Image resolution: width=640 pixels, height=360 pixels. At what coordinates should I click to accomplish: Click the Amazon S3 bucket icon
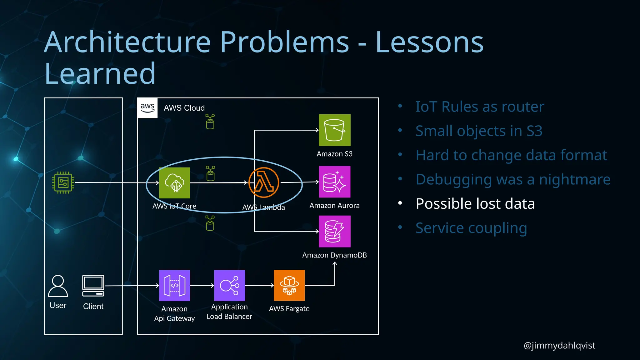click(334, 130)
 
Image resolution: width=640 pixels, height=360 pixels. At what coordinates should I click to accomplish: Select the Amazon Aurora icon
click(334, 182)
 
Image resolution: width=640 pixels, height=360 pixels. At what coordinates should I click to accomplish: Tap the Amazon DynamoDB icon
click(334, 232)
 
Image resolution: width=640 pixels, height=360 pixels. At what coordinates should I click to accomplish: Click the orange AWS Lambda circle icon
click(264, 182)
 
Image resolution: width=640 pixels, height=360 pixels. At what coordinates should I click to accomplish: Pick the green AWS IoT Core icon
click(174, 183)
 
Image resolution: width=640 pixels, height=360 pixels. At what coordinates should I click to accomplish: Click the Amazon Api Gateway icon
click(174, 285)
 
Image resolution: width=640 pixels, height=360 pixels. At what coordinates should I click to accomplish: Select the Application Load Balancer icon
click(229, 285)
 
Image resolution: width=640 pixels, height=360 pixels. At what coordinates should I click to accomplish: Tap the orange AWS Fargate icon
click(289, 285)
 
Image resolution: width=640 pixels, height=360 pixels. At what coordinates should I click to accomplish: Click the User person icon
click(58, 286)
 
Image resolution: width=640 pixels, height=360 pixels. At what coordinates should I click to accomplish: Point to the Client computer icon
click(93, 286)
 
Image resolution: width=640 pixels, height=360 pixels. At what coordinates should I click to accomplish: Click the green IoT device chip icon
click(63, 182)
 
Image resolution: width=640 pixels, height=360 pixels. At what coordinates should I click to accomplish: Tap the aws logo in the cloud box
click(147, 108)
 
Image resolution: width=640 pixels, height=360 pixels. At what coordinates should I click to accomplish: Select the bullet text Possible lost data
click(475, 204)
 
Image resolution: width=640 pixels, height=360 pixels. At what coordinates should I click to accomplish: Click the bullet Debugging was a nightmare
click(513, 179)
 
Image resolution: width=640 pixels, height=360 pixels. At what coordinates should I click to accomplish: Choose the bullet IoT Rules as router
click(480, 107)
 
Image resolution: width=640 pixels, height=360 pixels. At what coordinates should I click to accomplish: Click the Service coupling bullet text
click(471, 228)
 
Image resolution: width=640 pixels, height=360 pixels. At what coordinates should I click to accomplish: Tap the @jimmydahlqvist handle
click(559, 345)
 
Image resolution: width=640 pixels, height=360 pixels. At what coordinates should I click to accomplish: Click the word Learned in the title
click(100, 74)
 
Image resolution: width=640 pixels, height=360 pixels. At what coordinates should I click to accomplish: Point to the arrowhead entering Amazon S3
click(317, 130)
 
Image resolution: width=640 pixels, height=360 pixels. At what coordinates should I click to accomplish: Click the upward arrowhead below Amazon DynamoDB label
click(335, 264)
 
